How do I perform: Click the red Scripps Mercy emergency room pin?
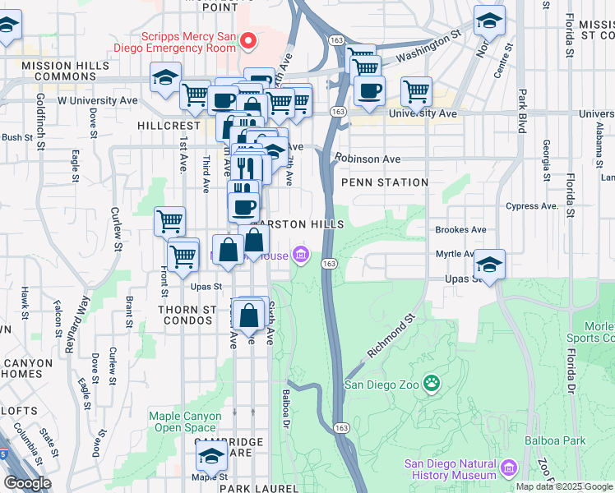tap(252, 41)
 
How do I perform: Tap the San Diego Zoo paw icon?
tap(431, 383)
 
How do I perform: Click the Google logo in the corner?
tap(27, 483)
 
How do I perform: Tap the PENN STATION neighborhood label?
tap(384, 182)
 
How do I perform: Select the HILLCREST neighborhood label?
tap(169, 126)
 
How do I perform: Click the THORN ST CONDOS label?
tap(187, 316)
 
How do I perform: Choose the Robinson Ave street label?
tap(368, 159)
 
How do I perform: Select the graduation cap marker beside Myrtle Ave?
tap(489, 265)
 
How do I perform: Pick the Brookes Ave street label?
tap(460, 230)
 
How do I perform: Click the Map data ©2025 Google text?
tap(565, 486)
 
